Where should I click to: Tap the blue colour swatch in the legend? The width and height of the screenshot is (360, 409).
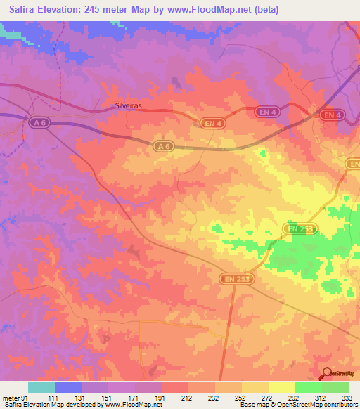[67, 387]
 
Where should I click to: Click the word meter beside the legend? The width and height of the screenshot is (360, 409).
[9, 398]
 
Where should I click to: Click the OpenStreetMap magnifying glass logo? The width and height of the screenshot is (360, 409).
[326, 375]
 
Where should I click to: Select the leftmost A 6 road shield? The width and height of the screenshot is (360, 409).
[41, 122]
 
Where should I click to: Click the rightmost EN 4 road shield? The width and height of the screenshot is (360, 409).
[331, 115]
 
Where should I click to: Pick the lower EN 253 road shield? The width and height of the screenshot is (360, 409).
[236, 279]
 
